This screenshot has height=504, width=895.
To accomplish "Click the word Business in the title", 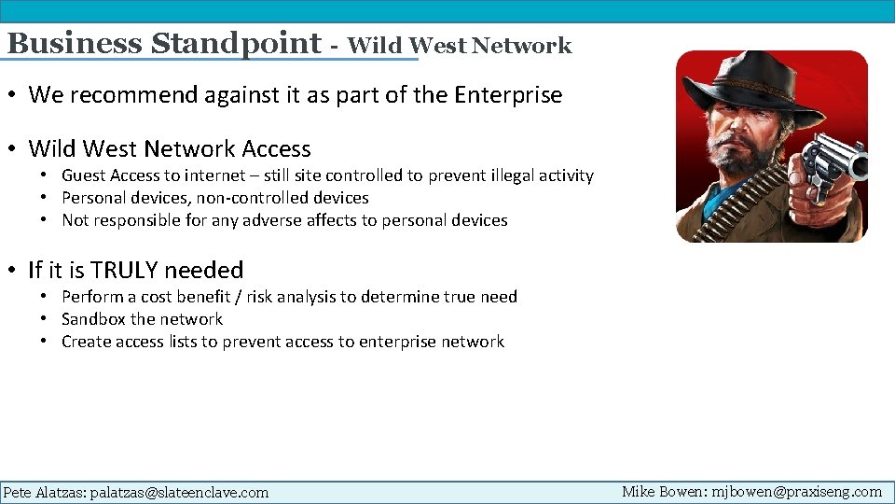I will coord(75,44).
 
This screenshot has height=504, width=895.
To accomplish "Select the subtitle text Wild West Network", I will coord(459,45).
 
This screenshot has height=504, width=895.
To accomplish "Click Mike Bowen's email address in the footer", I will coord(796,491).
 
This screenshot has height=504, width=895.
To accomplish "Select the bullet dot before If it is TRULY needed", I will coord(14,271).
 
